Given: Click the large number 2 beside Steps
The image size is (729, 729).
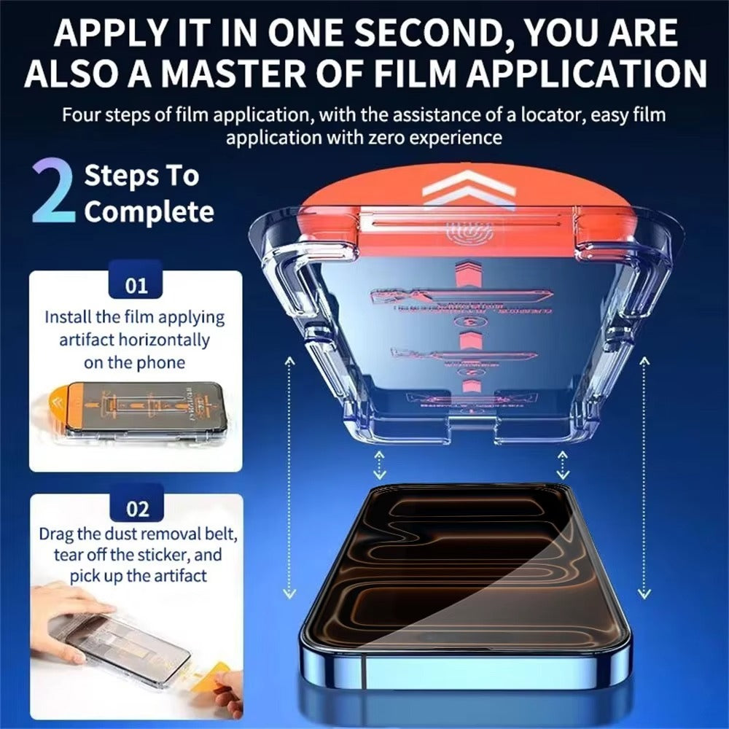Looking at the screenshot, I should [54, 192].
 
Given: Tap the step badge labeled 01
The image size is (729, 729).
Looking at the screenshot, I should [136, 285].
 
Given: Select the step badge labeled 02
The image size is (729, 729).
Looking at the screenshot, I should [136, 508].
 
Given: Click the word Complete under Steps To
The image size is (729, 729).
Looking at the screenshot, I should [149, 212].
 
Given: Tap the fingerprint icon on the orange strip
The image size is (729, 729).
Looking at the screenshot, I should [459, 234].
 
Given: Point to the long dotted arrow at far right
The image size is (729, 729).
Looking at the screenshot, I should [644, 477].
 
